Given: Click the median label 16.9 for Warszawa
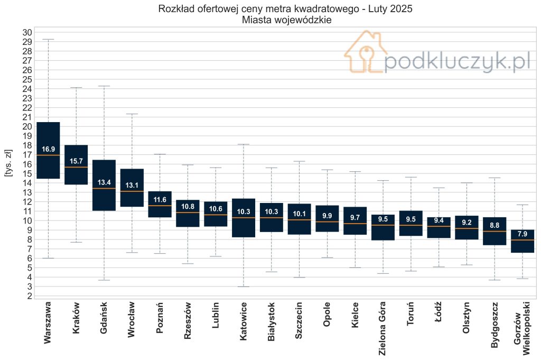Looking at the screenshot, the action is [x=48, y=149].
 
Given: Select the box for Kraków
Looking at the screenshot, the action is [x=76, y=164].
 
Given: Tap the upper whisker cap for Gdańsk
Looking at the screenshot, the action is [x=104, y=86].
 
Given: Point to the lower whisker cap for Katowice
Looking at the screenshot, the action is [x=244, y=287].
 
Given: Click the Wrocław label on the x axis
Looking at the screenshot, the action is [x=132, y=319].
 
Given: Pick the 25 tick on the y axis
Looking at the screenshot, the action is [x=27, y=79].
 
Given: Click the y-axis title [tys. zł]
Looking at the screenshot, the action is [x=8, y=163].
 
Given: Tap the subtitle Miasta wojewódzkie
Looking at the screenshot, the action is [x=287, y=20].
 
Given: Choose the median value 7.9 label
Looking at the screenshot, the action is [x=523, y=234].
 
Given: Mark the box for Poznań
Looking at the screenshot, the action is [x=160, y=205].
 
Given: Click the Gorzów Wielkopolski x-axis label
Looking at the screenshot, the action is [x=521, y=328].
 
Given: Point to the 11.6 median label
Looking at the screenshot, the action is [x=160, y=199].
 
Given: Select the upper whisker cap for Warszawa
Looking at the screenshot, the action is [x=48, y=39].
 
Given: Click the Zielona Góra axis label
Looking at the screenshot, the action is [x=383, y=328].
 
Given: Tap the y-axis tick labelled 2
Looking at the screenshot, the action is [x=30, y=296].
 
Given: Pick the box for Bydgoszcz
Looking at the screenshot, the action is [x=495, y=231].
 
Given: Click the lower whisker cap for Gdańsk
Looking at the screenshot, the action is [x=104, y=280].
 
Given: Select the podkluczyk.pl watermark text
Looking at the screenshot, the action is [x=457, y=61].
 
